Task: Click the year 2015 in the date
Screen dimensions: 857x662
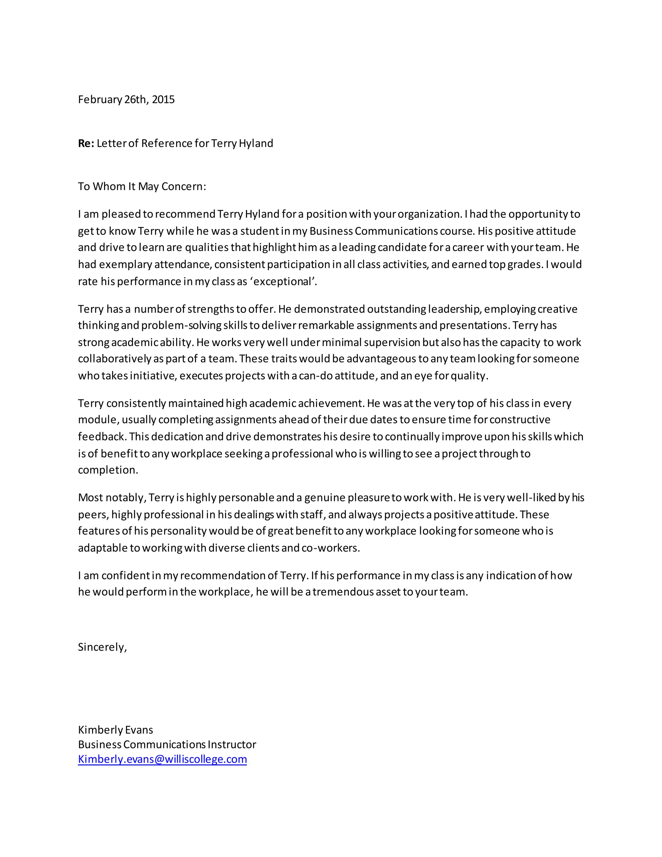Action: point(163,100)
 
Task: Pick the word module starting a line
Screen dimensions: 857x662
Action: point(98,420)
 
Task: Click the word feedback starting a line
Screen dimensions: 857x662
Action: point(101,437)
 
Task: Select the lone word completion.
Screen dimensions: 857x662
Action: point(108,470)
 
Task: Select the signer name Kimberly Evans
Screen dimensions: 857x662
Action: point(115,730)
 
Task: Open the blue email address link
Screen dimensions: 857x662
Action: point(162,759)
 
